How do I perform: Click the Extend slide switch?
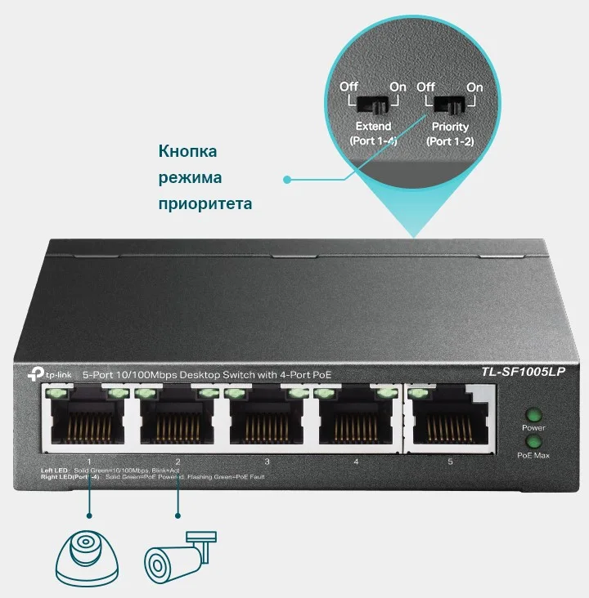pyautogui.click(x=373, y=104)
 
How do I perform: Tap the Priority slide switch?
pyautogui.click(x=449, y=104)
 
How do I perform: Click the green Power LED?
pyautogui.click(x=533, y=414)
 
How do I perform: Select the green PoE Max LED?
pyautogui.click(x=533, y=442)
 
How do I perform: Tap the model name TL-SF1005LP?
pyautogui.click(x=521, y=373)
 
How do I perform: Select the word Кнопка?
pyautogui.click(x=187, y=151)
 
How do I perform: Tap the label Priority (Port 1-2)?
pyautogui.click(x=451, y=134)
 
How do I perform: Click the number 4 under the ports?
pyautogui.click(x=356, y=462)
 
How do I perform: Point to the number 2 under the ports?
pyautogui.click(x=178, y=462)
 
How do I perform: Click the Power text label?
pyautogui.click(x=533, y=428)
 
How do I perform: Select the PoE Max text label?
pyautogui.click(x=533, y=455)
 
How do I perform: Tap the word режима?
pyautogui.click(x=190, y=177)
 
